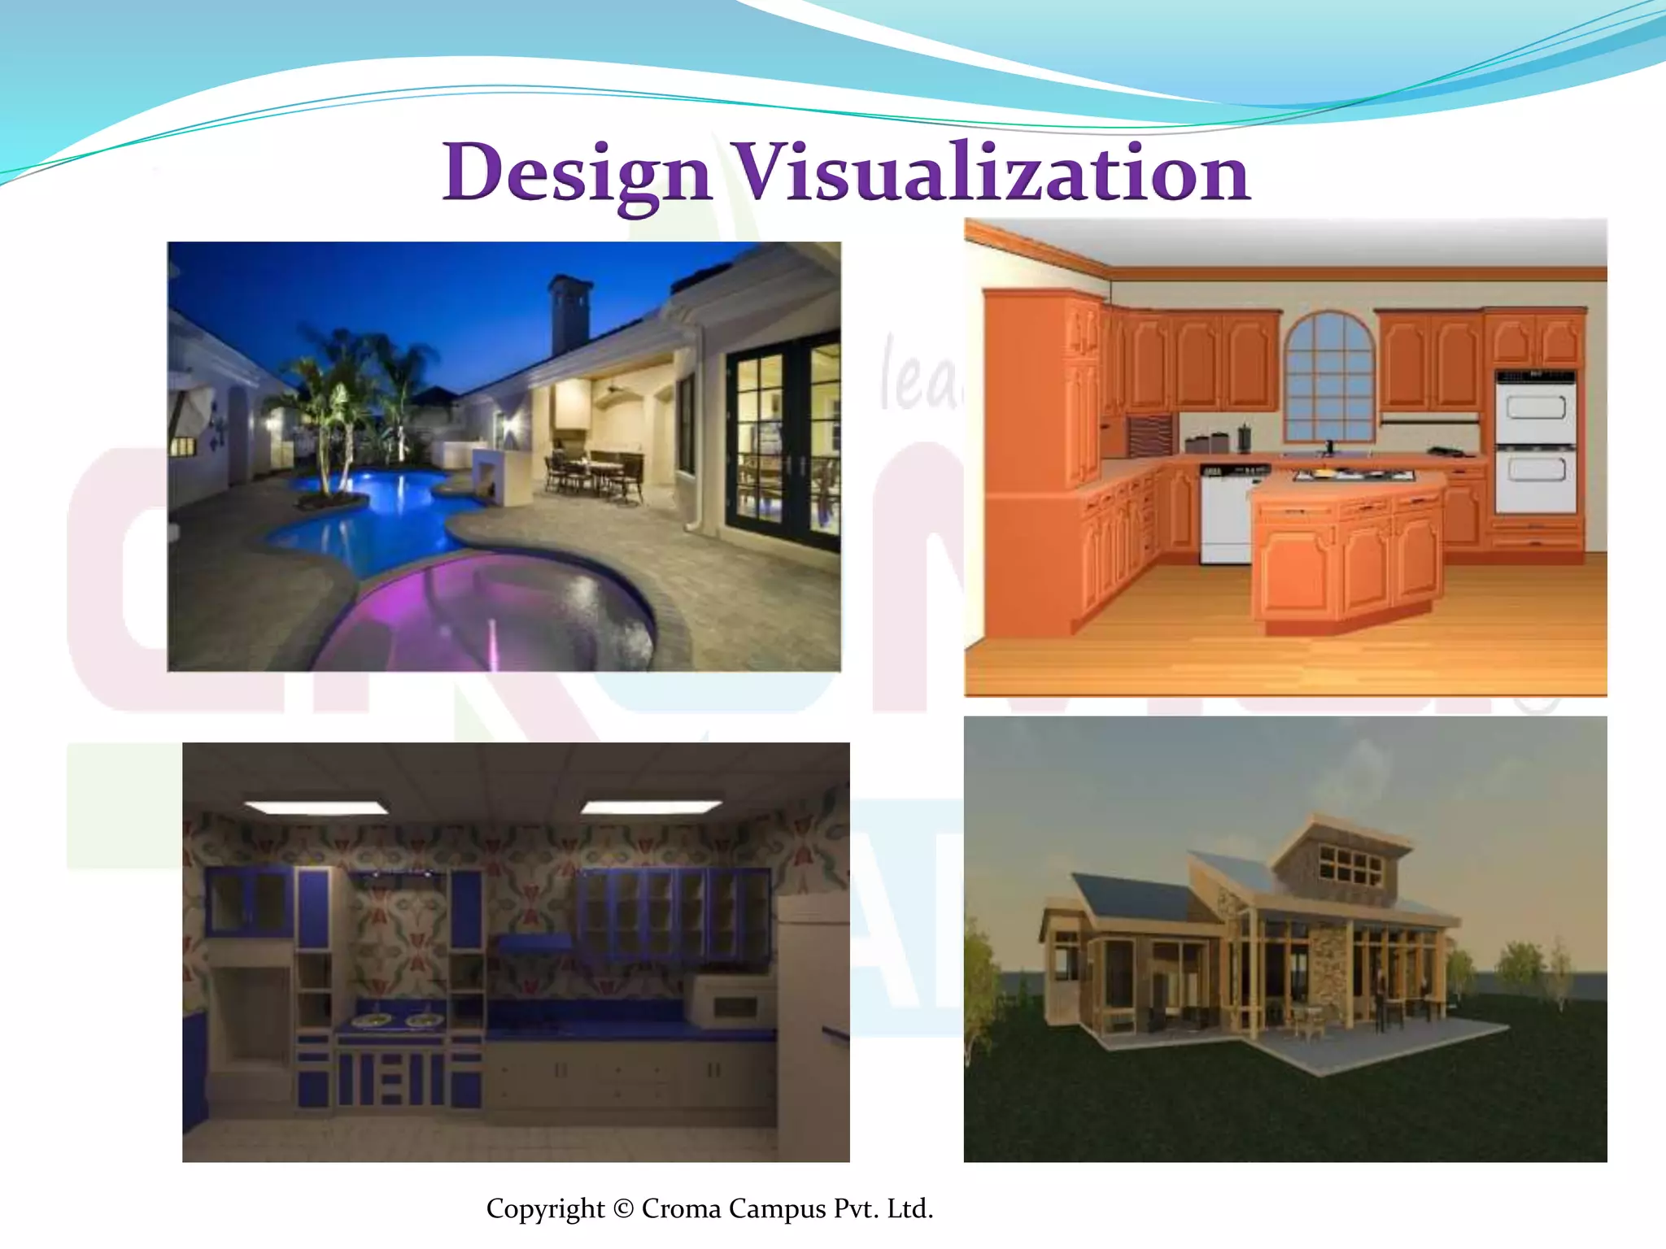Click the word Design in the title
(x=578, y=173)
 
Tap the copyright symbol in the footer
(x=623, y=1208)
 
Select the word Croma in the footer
(x=681, y=1208)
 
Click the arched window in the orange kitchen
(x=1329, y=378)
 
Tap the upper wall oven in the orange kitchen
(x=1535, y=407)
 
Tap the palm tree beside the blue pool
(x=329, y=407)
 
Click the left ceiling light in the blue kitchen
(x=316, y=807)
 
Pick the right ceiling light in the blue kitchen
(x=651, y=807)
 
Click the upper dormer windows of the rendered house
(x=1350, y=866)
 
